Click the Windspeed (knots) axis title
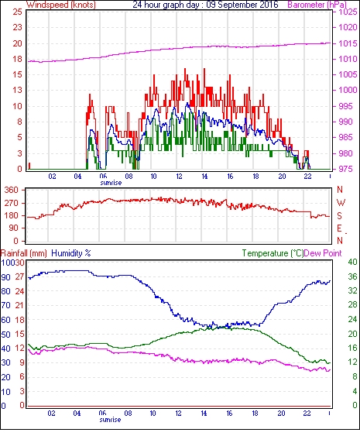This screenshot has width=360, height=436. coord(61,5)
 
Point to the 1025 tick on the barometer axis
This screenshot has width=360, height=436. coord(348,12)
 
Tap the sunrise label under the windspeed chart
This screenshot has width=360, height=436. coord(111,183)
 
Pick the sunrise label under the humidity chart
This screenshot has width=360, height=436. coord(110,420)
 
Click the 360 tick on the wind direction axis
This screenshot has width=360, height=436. coord(12,191)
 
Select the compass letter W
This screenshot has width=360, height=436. coord(341,203)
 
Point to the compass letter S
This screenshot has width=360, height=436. coord(340,216)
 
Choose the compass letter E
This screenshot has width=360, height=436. coord(339,228)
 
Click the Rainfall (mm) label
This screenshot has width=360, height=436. coord(24,253)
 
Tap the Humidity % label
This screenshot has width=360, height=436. coord(71,253)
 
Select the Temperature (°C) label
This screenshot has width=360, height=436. coord(273,253)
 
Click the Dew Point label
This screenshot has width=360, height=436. coord(323,253)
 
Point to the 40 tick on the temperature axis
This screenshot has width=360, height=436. coord(352,262)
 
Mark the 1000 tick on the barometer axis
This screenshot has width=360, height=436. coord(348,90)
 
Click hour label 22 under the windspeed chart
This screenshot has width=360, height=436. coord(307,177)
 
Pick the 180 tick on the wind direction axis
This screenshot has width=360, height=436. coord(12,215)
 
